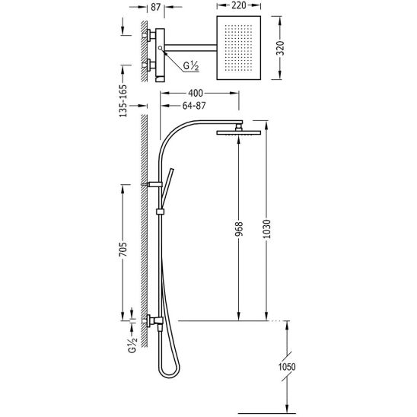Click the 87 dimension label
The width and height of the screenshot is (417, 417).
(155, 7)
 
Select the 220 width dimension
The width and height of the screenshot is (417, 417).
(238, 5)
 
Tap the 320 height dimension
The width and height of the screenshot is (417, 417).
(280, 48)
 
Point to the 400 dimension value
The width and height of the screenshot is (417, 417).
(196, 93)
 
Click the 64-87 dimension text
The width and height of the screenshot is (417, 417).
(194, 106)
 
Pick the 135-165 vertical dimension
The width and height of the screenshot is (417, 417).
(123, 100)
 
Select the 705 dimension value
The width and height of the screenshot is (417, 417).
(123, 250)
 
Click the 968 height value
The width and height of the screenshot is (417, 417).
(239, 229)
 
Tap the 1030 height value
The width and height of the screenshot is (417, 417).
(267, 229)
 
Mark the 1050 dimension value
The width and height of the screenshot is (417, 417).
(287, 367)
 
